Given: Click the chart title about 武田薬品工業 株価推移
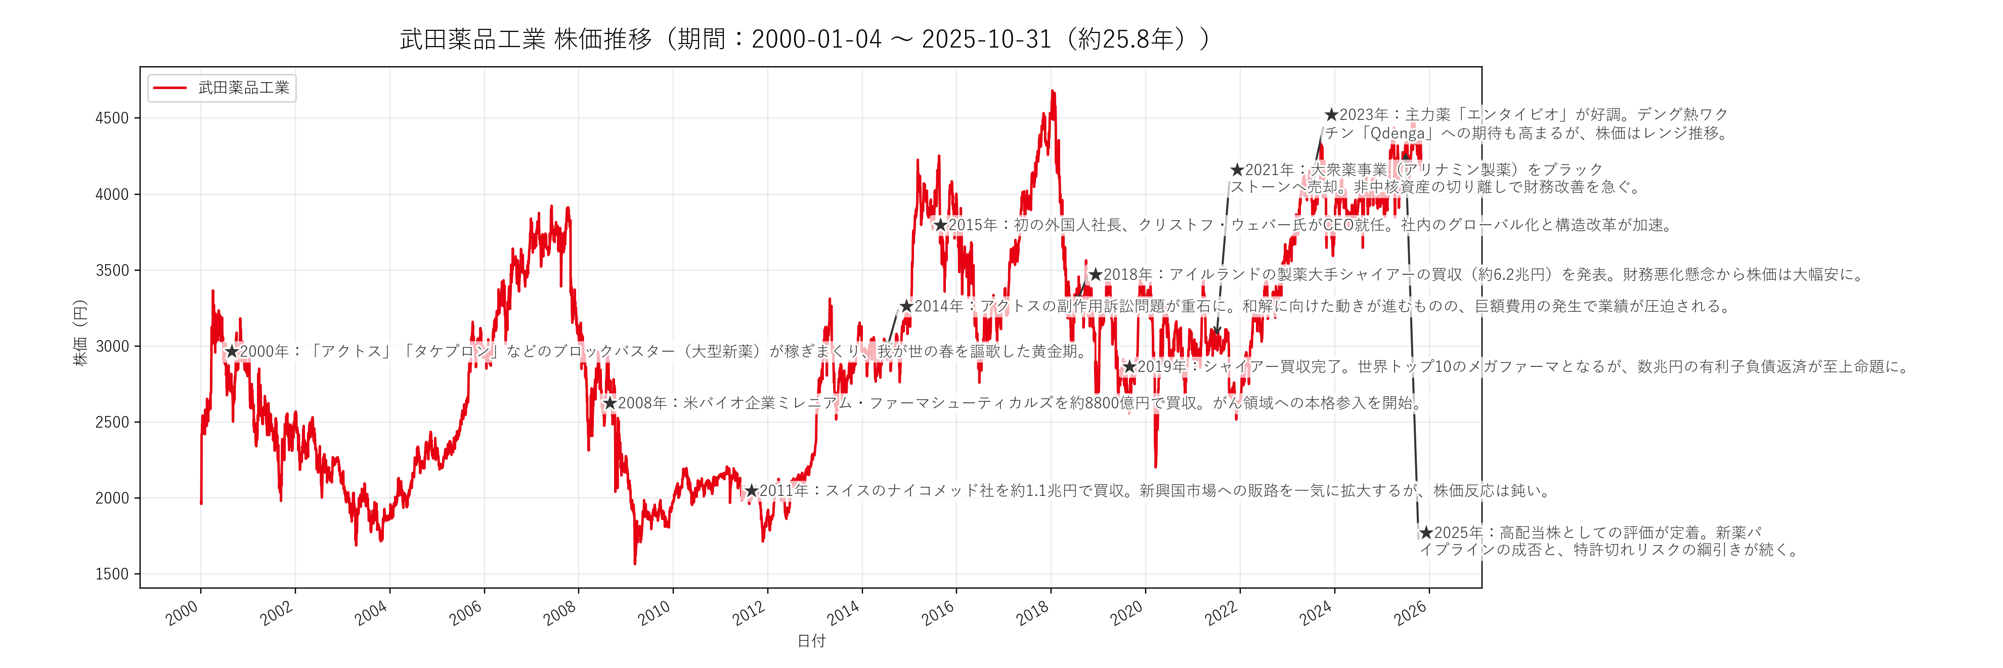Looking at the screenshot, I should coord(805,39).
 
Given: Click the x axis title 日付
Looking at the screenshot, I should coord(811,641).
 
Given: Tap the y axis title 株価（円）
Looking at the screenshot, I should coord(80,333).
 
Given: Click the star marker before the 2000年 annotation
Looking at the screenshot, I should coord(232,352).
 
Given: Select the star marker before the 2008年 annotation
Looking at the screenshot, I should coord(611,403).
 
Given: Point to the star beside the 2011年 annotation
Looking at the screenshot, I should coord(751,491).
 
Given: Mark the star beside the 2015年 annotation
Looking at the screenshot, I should coord(940,225).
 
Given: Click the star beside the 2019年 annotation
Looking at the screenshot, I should coord(1129,366).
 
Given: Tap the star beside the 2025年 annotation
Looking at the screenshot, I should coord(1426,533).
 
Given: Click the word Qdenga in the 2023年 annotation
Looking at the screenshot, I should coord(1398,133).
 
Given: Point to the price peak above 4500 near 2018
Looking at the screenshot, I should coord(1053,92).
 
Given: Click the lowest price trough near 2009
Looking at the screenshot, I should coord(635,562).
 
